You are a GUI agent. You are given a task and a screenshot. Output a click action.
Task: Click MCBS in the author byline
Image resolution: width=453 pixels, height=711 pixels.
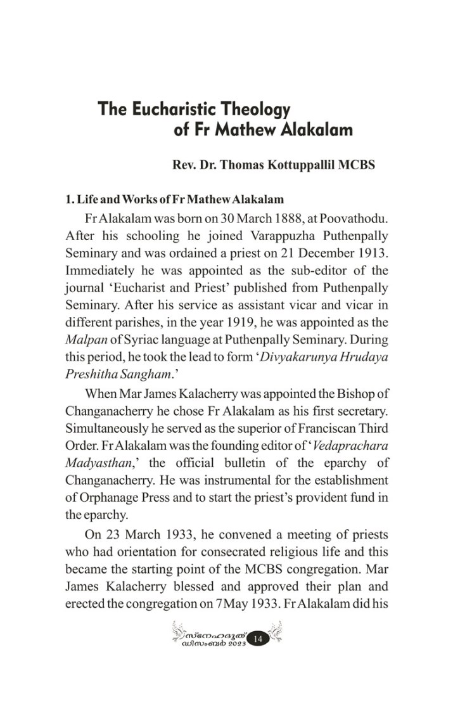coord(357,165)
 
